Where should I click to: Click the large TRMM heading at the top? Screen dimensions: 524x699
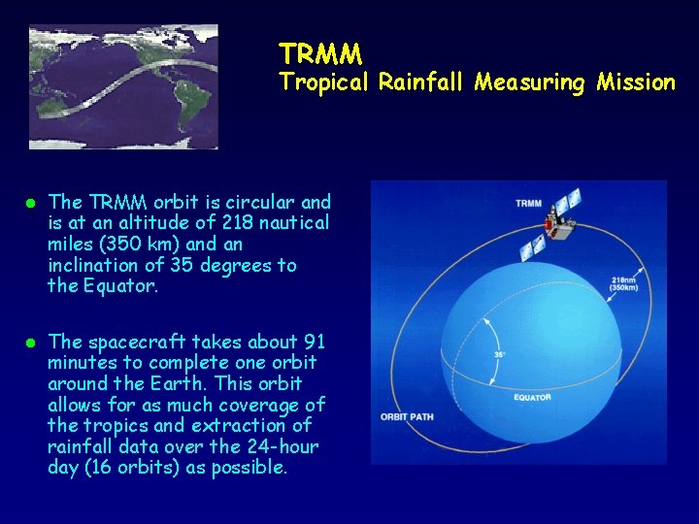[320, 51]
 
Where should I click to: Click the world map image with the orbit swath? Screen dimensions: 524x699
[123, 86]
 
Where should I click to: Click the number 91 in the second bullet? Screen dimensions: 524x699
[313, 342]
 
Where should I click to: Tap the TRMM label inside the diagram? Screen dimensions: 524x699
[528, 203]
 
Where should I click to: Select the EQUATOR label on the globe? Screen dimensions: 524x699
[532, 397]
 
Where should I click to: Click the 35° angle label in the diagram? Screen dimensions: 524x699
[501, 355]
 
